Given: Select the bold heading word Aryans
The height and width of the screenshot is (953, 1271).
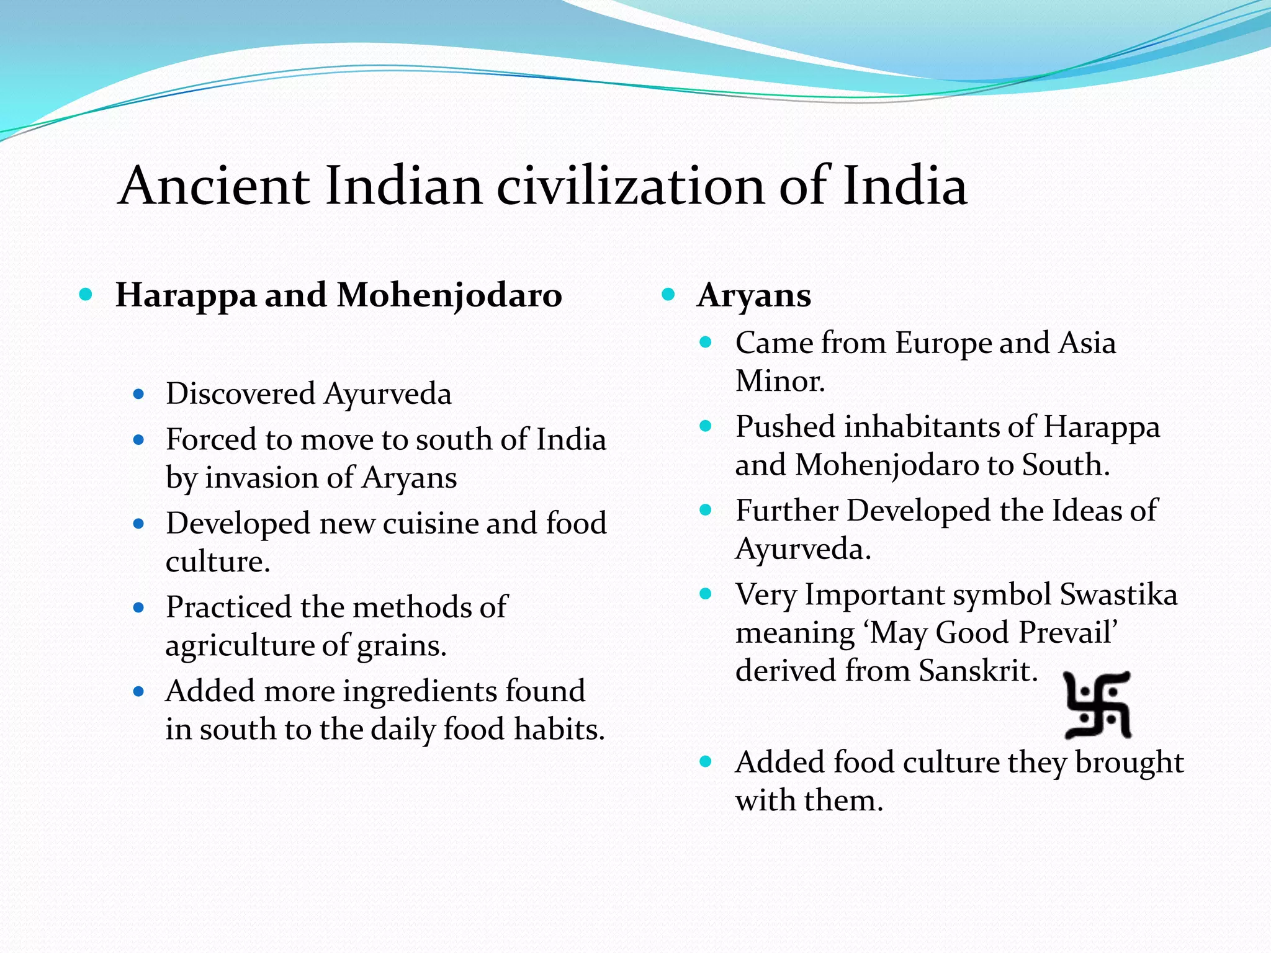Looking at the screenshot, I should point(753,295).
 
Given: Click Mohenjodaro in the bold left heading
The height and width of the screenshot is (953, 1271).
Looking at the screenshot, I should point(449,295).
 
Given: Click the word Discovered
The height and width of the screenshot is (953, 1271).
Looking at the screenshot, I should point(241,394).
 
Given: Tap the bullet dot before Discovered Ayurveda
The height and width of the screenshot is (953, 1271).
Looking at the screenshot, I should point(138,394).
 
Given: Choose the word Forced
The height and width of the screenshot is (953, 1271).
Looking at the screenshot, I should point(211,440).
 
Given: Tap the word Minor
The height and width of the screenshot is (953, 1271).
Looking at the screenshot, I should point(780,381).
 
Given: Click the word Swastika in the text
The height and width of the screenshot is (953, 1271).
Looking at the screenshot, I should point(1118,594).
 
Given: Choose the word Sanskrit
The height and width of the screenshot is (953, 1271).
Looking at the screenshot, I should point(978,671).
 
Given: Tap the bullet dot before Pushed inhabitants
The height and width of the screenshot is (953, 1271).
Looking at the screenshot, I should point(706,426).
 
